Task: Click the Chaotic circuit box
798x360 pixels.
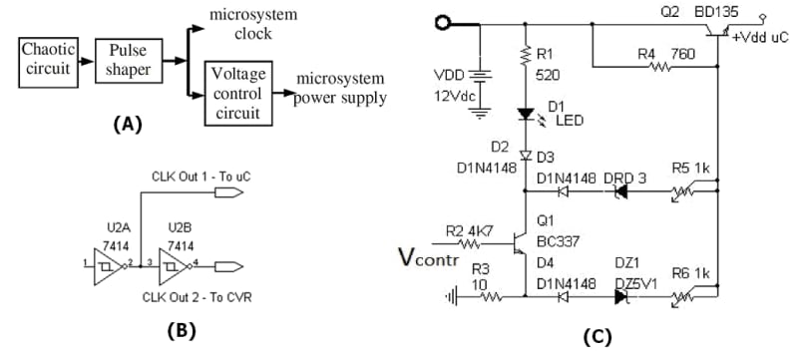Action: (48, 61)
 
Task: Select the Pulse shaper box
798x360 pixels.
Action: (127, 61)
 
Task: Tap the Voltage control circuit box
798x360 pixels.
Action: (238, 93)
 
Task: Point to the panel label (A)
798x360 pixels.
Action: (127, 124)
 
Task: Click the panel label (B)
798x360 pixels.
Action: (182, 331)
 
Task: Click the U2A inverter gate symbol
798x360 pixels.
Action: (108, 266)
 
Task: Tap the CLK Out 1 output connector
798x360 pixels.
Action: (228, 192)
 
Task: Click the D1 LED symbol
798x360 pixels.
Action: (528, 116)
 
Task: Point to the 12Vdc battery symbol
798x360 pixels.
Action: (480, 76)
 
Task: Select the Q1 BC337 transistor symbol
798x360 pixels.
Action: (520, 243)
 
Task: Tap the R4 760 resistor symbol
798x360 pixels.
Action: (660, 67)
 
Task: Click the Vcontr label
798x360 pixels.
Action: (429, 259)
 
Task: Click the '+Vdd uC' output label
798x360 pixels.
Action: (760, 37)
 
